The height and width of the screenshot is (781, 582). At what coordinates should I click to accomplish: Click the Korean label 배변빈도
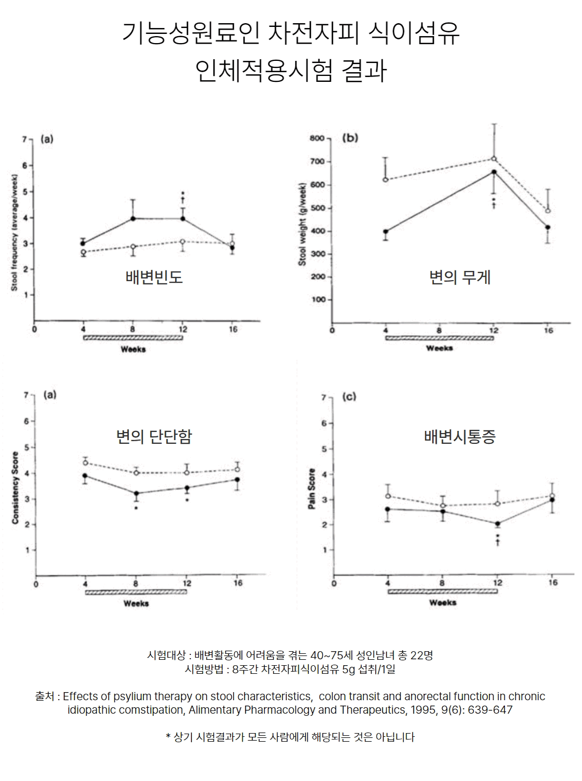pos(154,277)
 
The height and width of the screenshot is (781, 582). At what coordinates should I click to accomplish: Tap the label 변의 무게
pos(460,277)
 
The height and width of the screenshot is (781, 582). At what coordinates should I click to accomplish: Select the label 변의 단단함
pos(154,436)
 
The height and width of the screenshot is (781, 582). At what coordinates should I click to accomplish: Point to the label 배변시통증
pos(460,436)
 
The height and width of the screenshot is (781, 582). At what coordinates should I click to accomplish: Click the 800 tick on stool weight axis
pos(317,138)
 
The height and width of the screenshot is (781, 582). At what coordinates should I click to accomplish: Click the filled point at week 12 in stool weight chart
pos(494,172)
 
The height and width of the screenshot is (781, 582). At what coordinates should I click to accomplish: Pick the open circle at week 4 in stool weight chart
pos(386,179)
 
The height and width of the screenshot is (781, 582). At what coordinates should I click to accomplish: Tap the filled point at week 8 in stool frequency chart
pos(133,218)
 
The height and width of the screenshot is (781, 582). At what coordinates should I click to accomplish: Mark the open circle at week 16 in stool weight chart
pos(548,211)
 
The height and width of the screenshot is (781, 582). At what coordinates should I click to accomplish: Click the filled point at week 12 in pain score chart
pos(497,524)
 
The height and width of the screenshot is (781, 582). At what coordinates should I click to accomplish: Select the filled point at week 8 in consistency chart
pos(136,493)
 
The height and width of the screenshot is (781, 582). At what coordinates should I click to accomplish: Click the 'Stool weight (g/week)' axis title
pos(302,224)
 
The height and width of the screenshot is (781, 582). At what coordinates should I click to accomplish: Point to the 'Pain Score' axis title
pos(311,489)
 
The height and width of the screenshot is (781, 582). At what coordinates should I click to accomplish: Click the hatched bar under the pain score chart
pos(442,591)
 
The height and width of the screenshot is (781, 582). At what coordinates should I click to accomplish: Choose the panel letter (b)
pos(350,138)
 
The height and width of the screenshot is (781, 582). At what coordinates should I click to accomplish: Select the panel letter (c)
pos(349,397)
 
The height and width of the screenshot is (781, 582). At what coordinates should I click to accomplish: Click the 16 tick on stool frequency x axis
pos(233,329)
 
